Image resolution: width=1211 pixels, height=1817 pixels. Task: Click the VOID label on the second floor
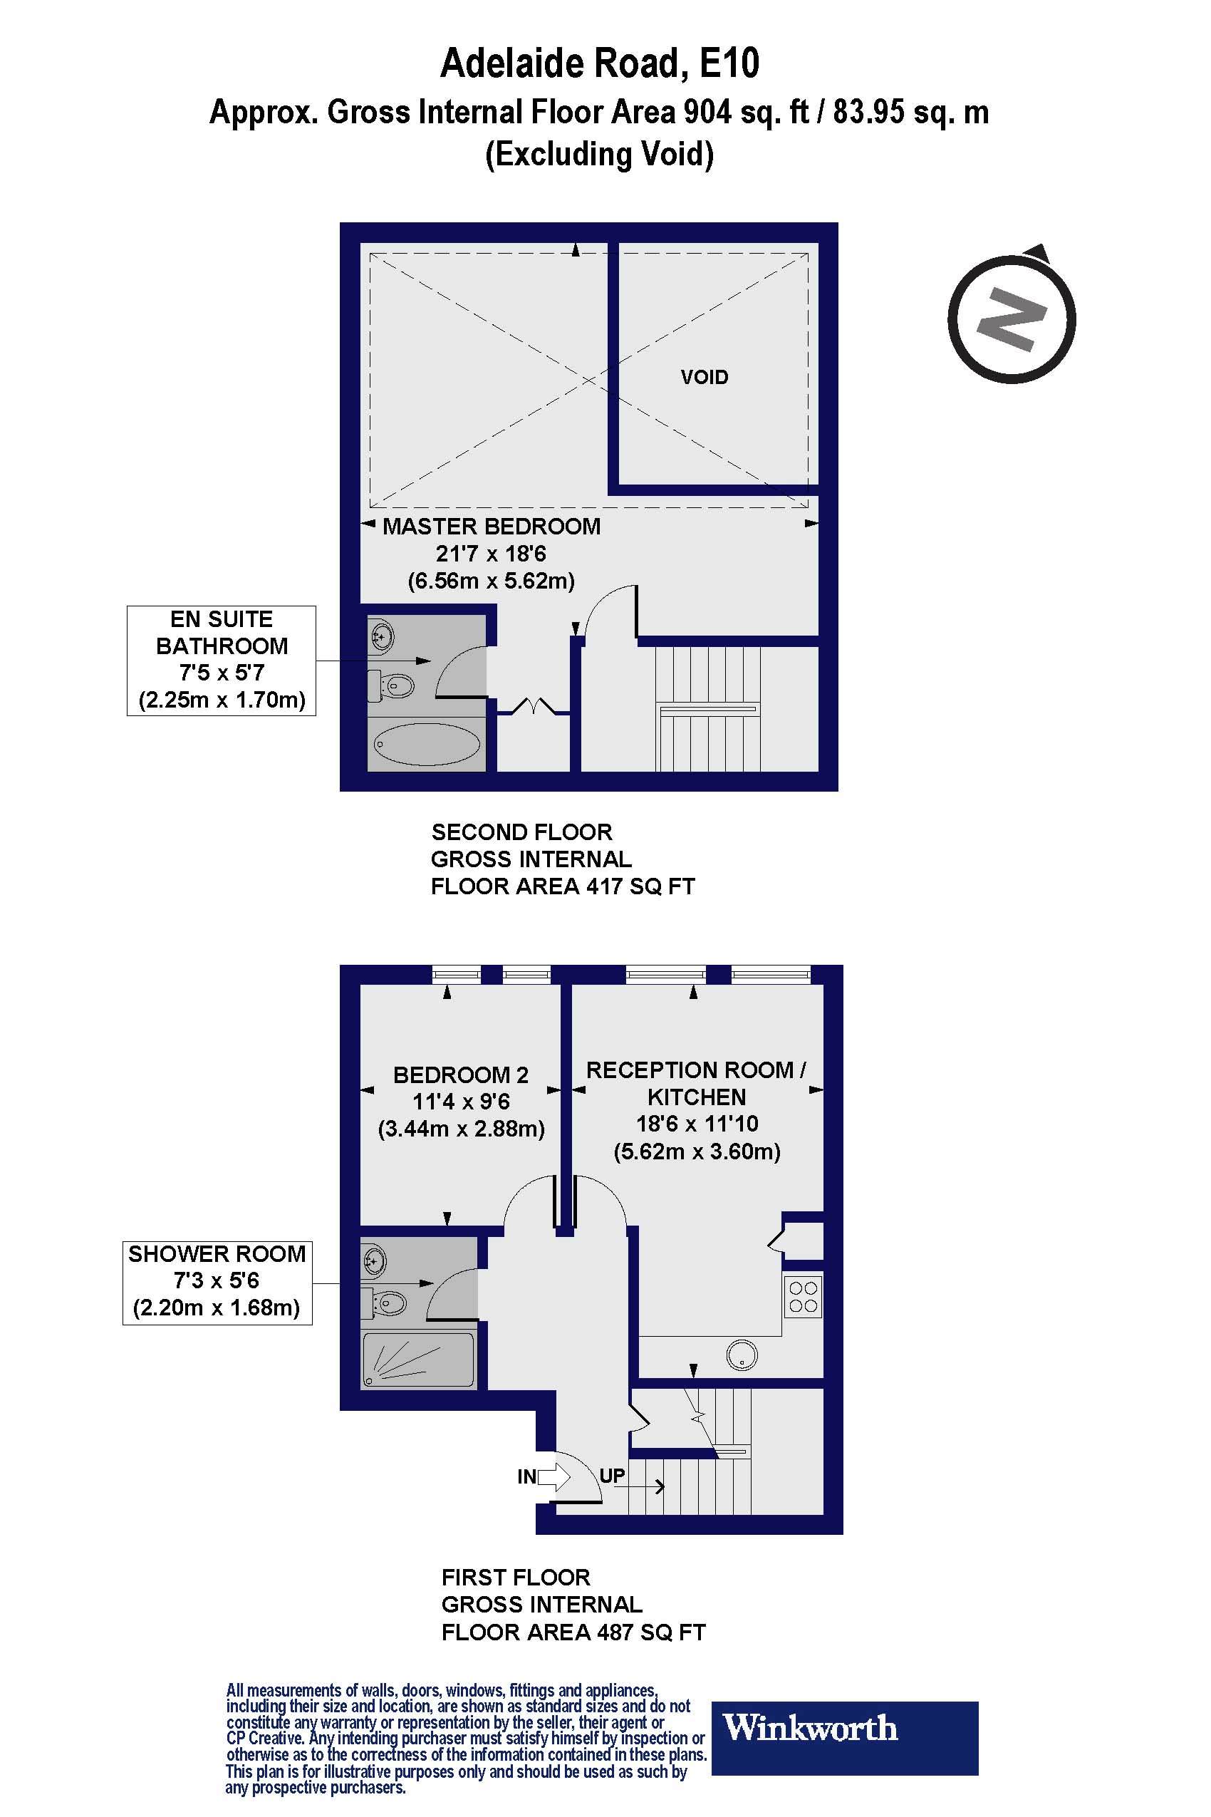(704, 377)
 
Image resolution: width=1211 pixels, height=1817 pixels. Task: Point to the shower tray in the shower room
(418, 1359)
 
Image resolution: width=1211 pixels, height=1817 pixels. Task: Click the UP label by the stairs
(612, 1476)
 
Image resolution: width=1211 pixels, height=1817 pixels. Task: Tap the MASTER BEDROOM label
(492, 527)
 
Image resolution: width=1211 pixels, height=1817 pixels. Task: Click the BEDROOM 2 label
(460, 1075)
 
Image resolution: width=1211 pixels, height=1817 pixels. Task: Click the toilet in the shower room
(388, 1304)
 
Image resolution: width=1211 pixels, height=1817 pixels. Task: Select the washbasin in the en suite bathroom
(380, 637)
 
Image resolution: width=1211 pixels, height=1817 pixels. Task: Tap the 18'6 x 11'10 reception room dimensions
(697, 1124)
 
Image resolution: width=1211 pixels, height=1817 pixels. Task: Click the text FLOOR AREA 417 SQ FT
(562, 886)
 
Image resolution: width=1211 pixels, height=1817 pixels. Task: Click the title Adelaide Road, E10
(599, 63)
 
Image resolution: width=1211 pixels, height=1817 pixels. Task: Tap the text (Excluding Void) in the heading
(599, 154)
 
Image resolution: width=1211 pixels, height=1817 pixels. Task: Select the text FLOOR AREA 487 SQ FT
(573, 1632)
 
